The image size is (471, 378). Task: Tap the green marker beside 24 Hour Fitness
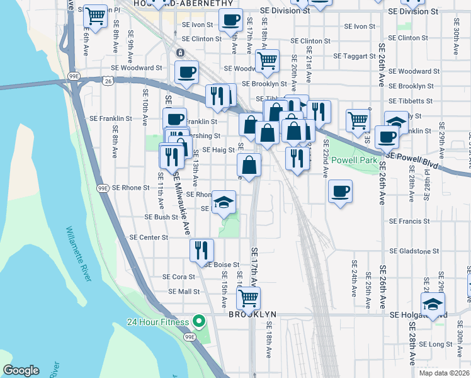pyautogui.click(x=199, y=322)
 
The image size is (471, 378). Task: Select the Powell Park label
pyautogui.click(x=355, y=160)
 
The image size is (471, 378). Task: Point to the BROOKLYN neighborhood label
pyautogui.click(x=253, y=314)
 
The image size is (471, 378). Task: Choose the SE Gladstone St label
pyautogui.click(x=409, y=251)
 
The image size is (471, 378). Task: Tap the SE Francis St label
pyautogui.click(x=409, y=222)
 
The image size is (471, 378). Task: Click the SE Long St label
pyautogui.click(x=436, y=344)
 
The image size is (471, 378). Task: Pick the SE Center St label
pyautogui.click(x=149, y=238)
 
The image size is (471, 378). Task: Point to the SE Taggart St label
pyautogui.click(x=355, y=56)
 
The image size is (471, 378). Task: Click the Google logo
pyautogui.click(x=21, y=370)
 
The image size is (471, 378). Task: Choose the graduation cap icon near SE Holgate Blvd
pyautogui.click(x=433, y=304)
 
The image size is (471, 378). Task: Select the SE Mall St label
pyautogui.click(x=184, y=292)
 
